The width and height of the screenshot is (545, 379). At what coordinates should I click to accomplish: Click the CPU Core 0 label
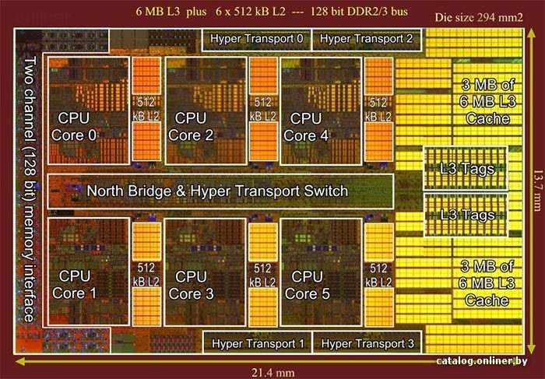click(x=74, y=126)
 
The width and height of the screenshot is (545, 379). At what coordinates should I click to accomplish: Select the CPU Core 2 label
click(x=191, y=126)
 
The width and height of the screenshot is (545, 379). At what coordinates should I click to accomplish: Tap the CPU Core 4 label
click(x=306, y=127)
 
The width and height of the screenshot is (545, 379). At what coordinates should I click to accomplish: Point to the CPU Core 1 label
click(x=74, y=285)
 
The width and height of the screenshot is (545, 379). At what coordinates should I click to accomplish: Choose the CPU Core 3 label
click(x=191, y=285)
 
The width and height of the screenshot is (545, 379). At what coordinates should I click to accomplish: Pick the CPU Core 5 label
click(x=307, y=285)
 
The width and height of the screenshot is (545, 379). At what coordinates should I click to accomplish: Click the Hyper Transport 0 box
click(x=256, y=40)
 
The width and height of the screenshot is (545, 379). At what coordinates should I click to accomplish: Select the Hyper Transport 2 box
click(x=367, y=40)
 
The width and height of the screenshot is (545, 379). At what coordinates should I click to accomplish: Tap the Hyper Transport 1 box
click(x=257, y=342)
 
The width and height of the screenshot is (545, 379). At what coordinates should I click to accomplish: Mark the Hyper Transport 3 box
click(x=367, y=342)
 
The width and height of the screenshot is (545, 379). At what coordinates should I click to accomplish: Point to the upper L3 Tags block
click(x=466, y=168)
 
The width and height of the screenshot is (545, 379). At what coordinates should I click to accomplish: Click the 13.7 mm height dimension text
click(x=537, y=191)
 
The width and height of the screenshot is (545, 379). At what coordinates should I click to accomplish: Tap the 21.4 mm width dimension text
click(x=272, y=373)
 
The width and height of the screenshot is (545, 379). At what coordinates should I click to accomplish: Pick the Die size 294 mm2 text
click(x=479, y=18)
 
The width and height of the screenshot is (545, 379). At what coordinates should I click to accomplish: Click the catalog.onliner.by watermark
click(x=482, y=361)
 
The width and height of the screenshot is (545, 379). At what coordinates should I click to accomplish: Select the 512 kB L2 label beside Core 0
click(x=146, y=109)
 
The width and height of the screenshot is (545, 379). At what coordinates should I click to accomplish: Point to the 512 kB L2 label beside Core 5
click(x=378, y=275)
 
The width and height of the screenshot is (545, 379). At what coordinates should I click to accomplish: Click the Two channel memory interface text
click(x=30, y=189)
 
